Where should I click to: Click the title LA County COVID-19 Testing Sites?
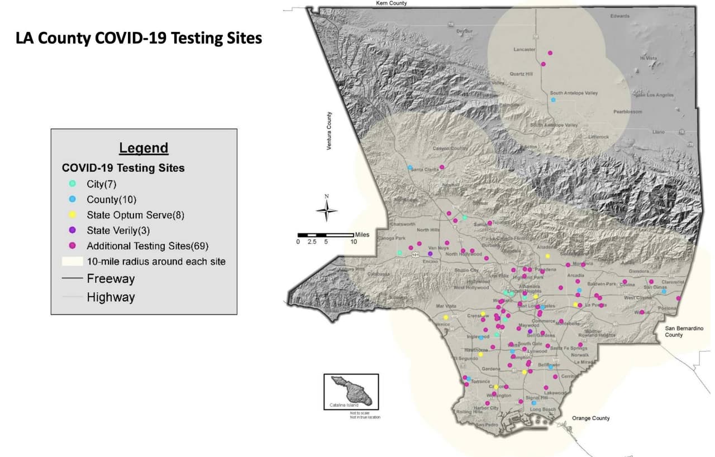(x=139, y=39)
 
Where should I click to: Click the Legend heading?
(x=144, y=148)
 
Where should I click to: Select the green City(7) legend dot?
(x=73, y=184)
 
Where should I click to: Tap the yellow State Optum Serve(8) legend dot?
(x=73, y=215)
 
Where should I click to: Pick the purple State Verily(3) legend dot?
(x=73, y=230)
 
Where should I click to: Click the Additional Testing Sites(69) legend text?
(x=147, y=246)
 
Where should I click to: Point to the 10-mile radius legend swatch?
(x=72, y=261)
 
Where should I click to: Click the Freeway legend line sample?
(x=72, y=278)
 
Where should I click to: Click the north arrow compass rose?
(x=327, y=210)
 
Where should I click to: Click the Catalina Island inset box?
(x=351, y=392)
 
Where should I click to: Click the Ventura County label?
(x=329, y=131)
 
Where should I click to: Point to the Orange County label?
(x=590, y=418)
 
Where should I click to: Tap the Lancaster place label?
(x=524, y=50)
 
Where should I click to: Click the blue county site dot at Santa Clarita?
(x=409, y=168)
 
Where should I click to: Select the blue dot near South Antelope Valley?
(x=553, y=100)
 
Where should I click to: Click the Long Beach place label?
(x=542, y=410)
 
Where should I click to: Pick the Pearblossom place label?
(x=627, y=112)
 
